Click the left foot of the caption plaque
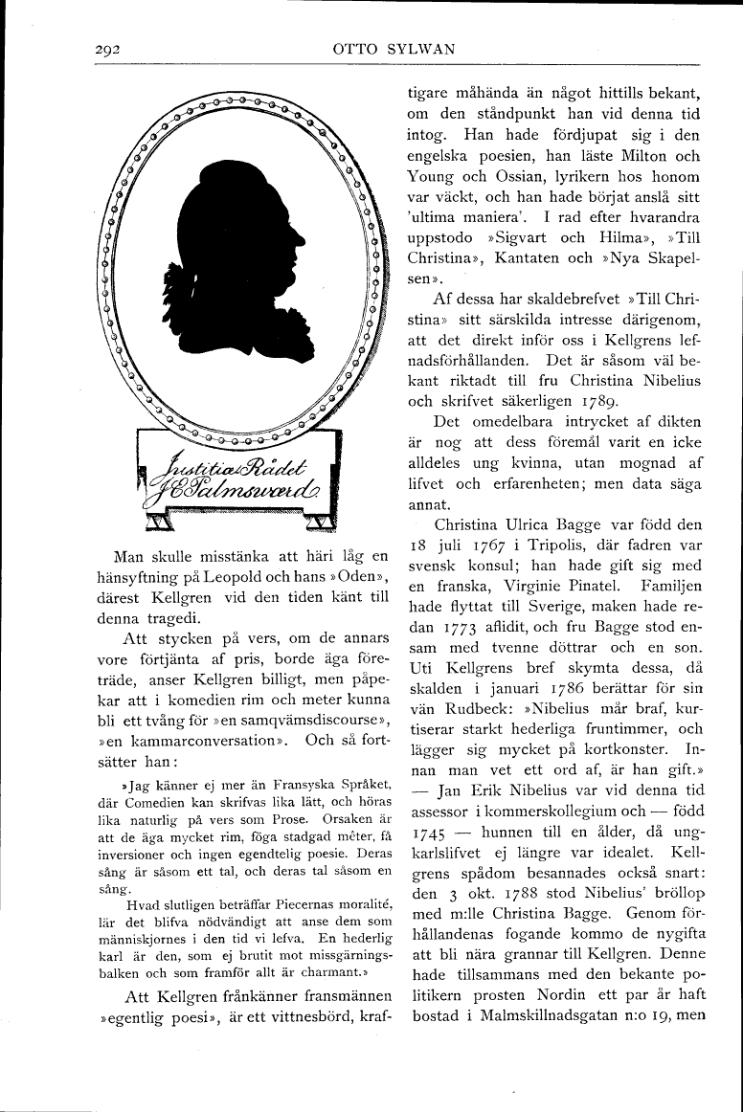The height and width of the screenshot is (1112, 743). coord(159,522)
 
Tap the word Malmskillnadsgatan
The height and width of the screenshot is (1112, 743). coord(537,1010)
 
